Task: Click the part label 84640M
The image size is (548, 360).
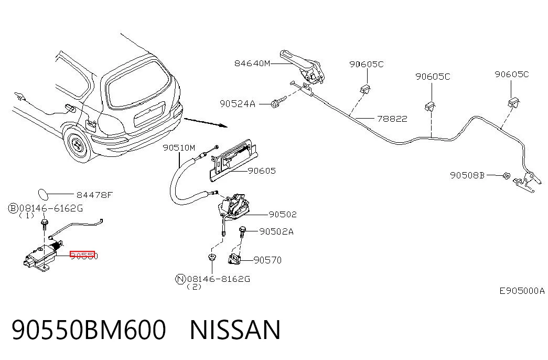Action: pos(252,63)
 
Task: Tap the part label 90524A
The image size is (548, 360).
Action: pos(238,104)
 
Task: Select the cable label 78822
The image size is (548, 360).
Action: pos(392,119)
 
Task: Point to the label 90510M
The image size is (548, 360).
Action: pos(179,148)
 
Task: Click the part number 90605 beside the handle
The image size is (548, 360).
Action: pos(262,171)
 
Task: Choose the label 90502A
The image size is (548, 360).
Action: pos(276,231)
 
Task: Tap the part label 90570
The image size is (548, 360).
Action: pos(267,260)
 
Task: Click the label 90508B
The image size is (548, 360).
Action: pos(467,175)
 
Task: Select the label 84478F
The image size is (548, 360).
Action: pos(95,195)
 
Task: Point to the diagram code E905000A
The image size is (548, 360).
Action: pos(522,291)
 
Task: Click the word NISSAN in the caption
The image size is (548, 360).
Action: pos(235,330)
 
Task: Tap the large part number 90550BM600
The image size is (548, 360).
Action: pos(89,330)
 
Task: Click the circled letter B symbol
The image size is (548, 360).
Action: pos(13,208)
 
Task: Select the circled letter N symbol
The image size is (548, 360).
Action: pos(180,279)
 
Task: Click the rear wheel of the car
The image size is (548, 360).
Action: pos(78,144)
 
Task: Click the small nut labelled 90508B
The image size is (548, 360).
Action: pos(506,176)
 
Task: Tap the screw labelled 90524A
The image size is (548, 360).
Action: pos(278,102)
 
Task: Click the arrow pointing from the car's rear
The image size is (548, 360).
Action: pos(206,122)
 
